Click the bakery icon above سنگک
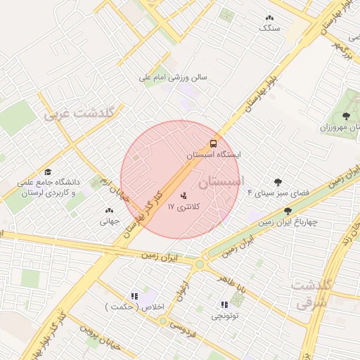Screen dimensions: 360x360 (x=269, y=18)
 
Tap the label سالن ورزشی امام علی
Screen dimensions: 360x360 (x=174, y=79)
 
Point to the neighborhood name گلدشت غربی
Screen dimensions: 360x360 (x=83, y=113)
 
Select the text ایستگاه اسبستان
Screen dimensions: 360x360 (x=214, y=154)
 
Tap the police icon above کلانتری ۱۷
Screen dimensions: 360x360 (x=184, y=195)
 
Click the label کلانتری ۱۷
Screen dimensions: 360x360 (x=184, y=207)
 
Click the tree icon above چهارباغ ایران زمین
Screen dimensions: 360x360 (x=288, y=211)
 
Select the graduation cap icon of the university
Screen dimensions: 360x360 (x=48, y=172)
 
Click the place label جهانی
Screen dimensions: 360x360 (x=109, y=221)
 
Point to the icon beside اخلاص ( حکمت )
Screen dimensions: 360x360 (x=134, y=296)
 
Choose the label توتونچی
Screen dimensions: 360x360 (x=225, y=316)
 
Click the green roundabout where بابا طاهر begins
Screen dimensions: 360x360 (x=200, y=264)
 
